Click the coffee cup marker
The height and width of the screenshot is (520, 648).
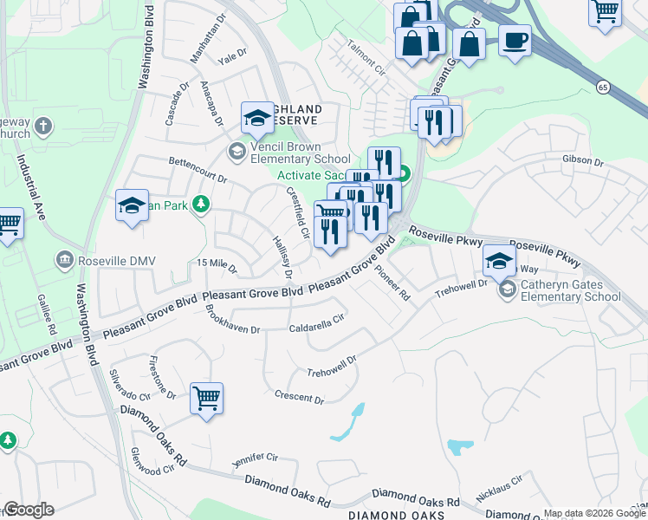(x=515, y=40)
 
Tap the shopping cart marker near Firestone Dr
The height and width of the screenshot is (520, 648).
(x=206, y=400)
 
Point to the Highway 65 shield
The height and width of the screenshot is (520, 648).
(x=604, y=86)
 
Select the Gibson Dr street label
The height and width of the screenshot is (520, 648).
(x=582, y=160)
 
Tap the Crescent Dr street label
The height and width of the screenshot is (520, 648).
(x=299, y=399)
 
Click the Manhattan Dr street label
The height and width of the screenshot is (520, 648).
(x=201, y=41)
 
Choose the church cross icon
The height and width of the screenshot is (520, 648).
(x=42, y=127)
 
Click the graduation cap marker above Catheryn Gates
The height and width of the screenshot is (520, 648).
(x=499, y=259)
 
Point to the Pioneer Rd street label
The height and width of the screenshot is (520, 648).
(x=392, y=283)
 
